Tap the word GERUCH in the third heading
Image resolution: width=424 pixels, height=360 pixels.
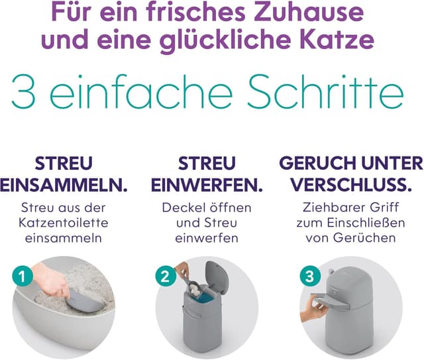pos(321,163)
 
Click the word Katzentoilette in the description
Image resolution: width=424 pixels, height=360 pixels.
pos(65,223)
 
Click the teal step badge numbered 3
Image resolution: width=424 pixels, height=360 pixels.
pos(306,274)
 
